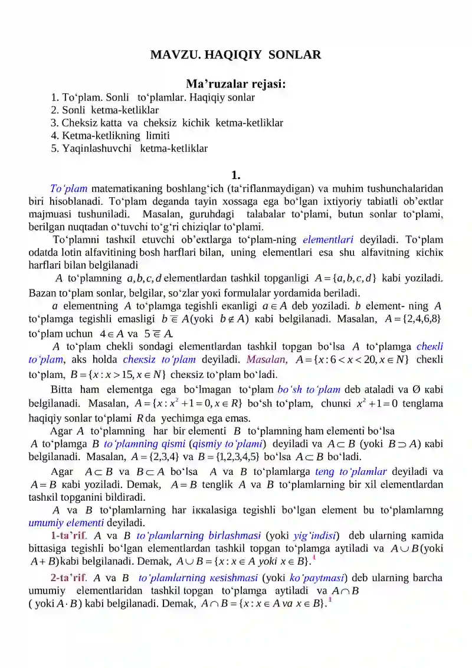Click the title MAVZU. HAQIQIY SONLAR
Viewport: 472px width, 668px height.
236,55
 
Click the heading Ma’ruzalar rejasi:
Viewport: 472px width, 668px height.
236,84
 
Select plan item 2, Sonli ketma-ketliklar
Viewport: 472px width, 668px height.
105,110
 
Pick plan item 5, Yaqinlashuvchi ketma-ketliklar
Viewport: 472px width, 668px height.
129,149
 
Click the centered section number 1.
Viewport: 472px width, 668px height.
236,174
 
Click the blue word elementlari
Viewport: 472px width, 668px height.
327,240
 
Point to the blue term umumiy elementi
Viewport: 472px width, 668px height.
66,523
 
